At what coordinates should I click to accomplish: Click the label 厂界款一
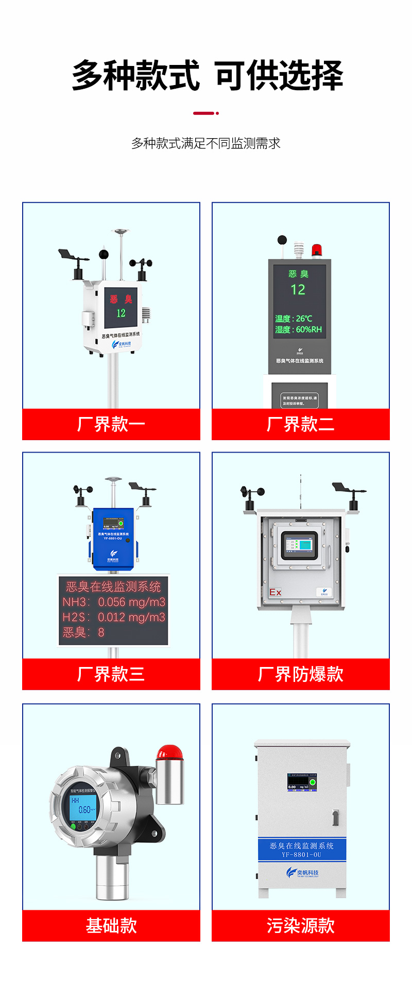click(x=111, y=424)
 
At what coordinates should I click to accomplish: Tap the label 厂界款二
click(x=300, y=424)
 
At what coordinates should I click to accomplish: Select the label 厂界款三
click(x=111, y=674)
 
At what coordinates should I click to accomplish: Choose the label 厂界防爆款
click(x=300, y=674)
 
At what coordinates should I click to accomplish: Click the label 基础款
click(x=111, y=925)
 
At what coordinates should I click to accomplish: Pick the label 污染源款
click(x=300, y=925)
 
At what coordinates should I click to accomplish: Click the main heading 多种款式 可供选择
click(x=207, y=75)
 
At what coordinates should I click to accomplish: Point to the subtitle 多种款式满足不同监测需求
click(x=206, y=143)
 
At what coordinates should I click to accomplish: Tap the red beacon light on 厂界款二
click(x=316, y=251)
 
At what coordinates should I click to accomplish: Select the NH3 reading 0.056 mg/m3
click(x=114, y=602)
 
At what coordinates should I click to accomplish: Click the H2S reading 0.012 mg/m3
click(x=114, y=617)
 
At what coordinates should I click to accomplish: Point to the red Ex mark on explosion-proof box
click(x=275, y=592)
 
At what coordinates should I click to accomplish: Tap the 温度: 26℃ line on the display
click(x=294, y=319)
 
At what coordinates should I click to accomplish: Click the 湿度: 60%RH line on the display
click(x=298, y=329)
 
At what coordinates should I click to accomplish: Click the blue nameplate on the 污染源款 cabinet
click(x=301, y=849)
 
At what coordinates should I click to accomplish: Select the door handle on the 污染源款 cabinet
click(x=335, y=818)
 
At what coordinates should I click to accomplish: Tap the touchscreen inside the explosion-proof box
click(x=299, y=545)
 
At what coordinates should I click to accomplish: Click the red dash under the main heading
click(x=204, y=113)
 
